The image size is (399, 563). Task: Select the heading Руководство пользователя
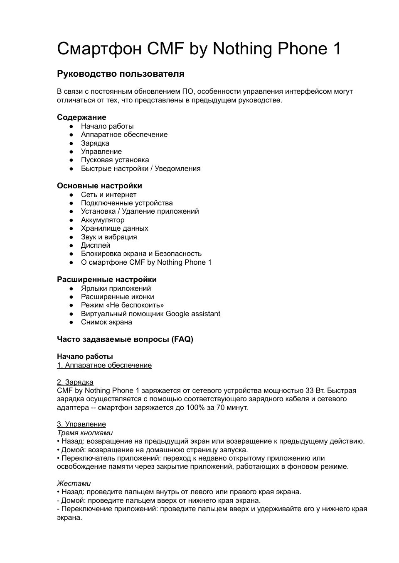(x=121, y=74)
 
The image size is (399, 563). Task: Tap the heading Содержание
(x=81, y=117)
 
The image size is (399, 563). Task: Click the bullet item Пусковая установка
(x=115, y=160)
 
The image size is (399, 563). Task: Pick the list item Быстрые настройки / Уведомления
(x=140, y=168)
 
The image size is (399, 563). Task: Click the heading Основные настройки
(x=99, y=185)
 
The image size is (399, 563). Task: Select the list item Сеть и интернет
(x=108, y=195)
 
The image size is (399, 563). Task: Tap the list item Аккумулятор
(x=103, y=220)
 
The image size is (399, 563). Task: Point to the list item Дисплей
(x=96, y=245)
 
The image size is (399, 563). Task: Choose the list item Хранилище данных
(x=114, y=228)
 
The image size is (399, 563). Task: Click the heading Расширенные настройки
(x=107, y=279)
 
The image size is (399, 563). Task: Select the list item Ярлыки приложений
(x=116, y=288)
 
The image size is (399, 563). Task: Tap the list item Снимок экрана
(x=106, y=322)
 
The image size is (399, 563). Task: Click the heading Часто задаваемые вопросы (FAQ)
(x=125, y=339)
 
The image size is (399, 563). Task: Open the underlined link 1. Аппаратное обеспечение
(x=104, y=365)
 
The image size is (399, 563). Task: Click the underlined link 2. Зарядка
(x=75, y=382)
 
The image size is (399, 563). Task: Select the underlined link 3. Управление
(x=81, y=424)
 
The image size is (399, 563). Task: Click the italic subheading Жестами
(x=74, y=483)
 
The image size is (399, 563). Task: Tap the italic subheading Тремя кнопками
(x=79, y=433)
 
